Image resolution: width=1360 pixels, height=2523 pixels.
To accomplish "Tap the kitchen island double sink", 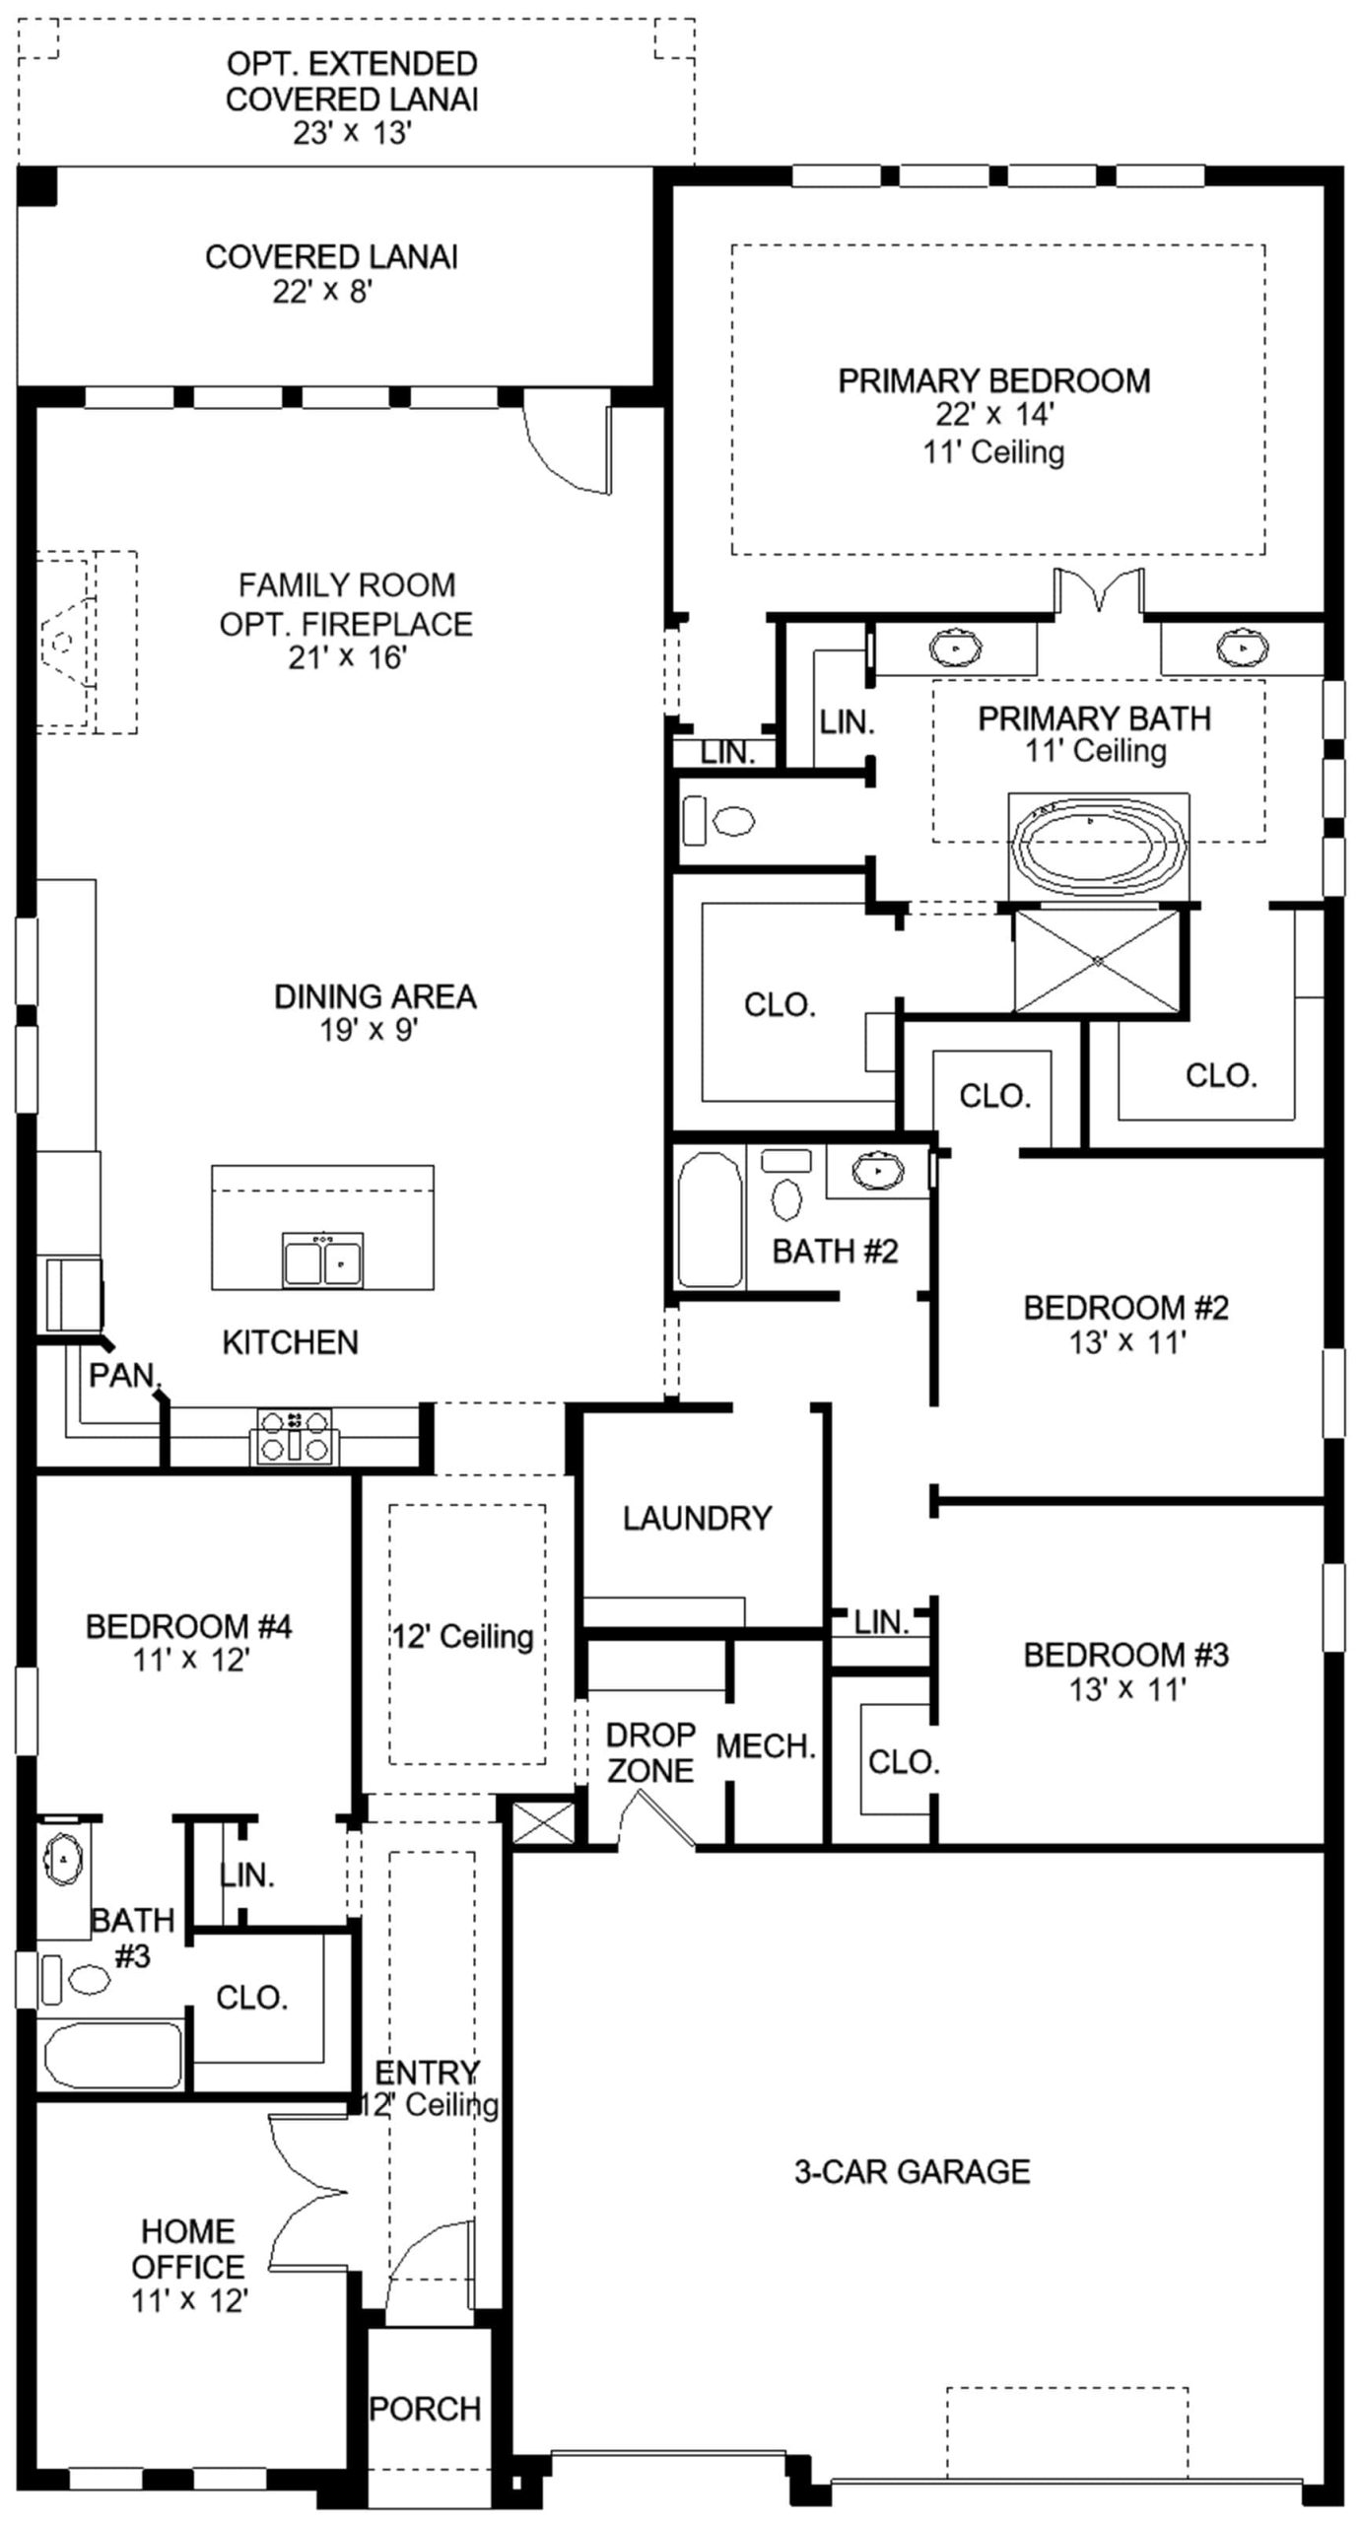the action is click(x=322, y=1259).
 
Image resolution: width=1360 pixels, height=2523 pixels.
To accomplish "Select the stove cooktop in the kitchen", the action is click(x=295, y=1436).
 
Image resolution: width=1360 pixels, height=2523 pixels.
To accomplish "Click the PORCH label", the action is click(x=425, y=2408).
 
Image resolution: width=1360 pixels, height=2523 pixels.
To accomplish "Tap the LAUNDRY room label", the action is click(x=697, y=1518).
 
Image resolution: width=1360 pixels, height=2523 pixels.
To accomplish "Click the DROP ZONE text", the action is click(x=650, y=1751).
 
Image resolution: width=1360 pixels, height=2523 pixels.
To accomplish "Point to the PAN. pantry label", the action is click(x=124, y=1375).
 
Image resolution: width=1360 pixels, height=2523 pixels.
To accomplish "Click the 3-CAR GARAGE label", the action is click(x=913, y=2171).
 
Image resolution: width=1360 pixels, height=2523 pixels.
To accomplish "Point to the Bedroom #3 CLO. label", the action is click(x=904, y=1761).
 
